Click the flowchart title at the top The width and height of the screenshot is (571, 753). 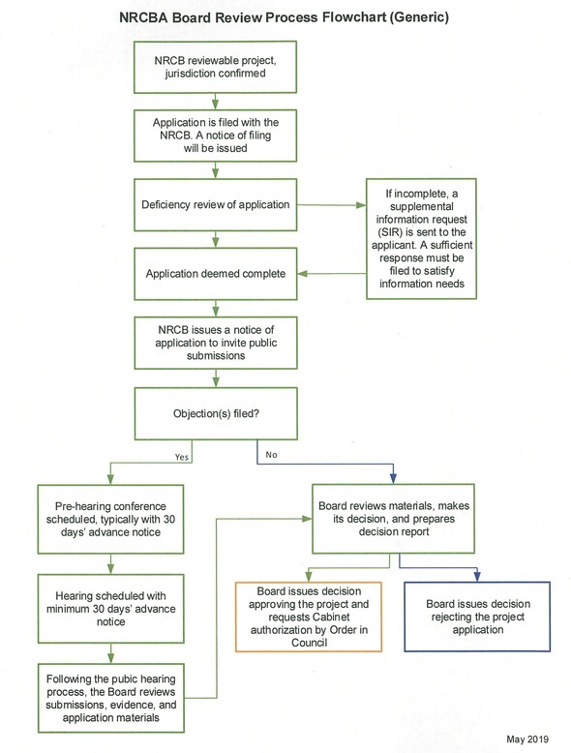pos(284,17)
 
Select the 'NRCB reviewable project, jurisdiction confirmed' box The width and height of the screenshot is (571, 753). pos(215,67)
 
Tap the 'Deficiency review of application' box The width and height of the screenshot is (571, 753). pos(215,204)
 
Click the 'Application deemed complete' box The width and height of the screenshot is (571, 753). pos(216,274)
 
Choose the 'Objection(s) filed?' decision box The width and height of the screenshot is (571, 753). pos(216,413)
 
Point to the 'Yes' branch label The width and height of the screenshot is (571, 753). pos(182,457)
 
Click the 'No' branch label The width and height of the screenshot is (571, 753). pos(271,454)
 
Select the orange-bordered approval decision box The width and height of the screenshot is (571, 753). pos(309,617)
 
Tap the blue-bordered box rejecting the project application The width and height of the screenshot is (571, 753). pos(477,617)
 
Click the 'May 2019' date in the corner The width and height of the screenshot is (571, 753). pos(527,739)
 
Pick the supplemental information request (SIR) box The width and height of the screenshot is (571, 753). pos(421,239)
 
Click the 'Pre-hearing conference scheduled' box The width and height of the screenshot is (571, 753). pos(110,519)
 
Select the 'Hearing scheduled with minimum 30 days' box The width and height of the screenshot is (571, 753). pos(111,609)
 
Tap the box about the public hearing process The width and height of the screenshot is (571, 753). pos(111,698)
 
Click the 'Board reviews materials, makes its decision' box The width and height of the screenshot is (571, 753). pos(393,519)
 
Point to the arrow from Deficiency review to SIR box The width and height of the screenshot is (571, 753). pos(331,205)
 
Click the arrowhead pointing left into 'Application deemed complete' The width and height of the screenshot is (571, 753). pos(303,274)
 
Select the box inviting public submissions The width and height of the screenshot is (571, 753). pos(216,343)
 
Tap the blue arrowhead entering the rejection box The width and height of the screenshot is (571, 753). pos(477,577)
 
